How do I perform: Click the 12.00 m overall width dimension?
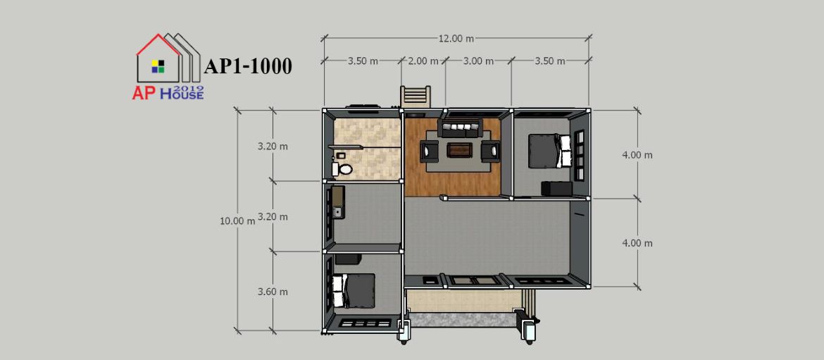456,38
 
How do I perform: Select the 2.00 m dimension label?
423,61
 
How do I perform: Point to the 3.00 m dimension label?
478,61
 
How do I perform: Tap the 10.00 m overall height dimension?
237,221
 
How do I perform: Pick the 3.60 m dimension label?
273,292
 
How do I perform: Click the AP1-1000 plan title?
247,67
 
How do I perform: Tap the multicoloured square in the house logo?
158,66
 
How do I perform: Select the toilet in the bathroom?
342,168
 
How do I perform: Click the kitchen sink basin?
338,212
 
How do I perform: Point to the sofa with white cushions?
461,128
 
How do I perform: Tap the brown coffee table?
460,150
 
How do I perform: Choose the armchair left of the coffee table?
430,151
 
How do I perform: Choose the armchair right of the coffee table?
491,151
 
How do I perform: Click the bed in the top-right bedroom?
549,150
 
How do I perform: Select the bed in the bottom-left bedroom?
353,291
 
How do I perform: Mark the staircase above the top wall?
416,97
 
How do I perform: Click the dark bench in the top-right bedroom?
556,189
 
